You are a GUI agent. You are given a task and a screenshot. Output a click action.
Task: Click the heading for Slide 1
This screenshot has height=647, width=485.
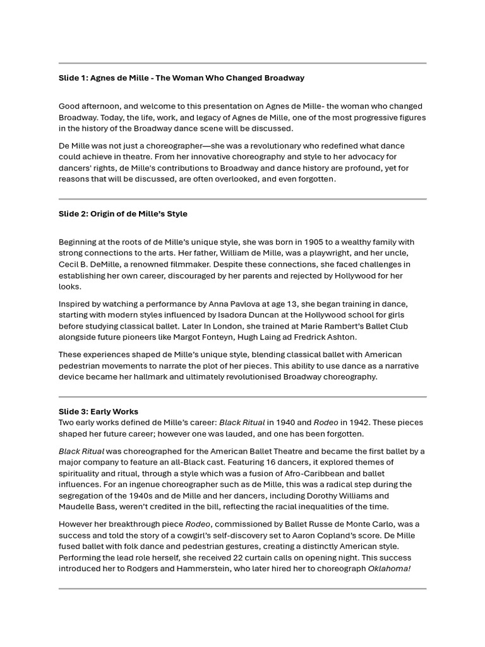[x=181, y=78]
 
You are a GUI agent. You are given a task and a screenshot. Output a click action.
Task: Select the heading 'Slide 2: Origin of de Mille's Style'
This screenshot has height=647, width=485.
[x=123, y=214]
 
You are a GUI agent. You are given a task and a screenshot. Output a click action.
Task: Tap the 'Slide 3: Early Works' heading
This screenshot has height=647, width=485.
[x=99, y=411]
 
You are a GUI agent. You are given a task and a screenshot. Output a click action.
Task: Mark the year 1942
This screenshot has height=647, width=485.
[x=350, y=423]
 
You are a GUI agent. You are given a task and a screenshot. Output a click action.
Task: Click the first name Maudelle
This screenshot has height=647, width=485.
[x=79, y=507]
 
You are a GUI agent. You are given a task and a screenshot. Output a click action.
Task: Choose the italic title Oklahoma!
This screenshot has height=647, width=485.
[x=390, y=569]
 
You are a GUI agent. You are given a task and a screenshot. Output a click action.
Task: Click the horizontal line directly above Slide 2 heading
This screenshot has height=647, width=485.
[x=242, y=199]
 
